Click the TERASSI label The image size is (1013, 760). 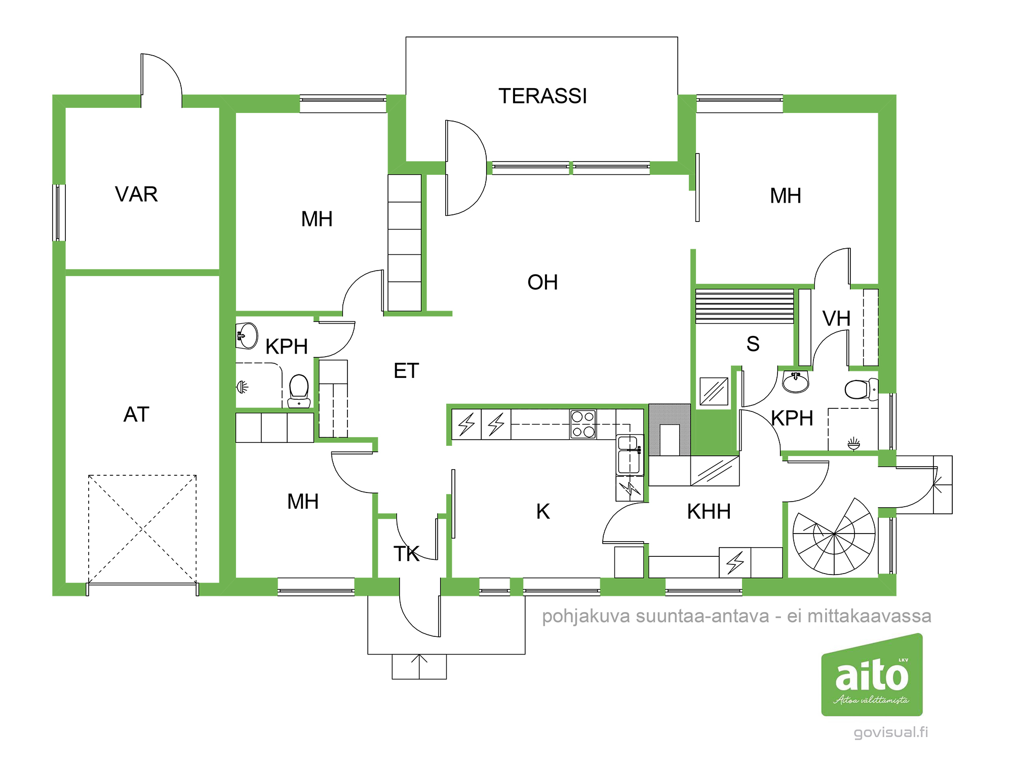pyautogui.click(x=542, y=96)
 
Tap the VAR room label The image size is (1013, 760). pyautogui.click(x=136, y=194)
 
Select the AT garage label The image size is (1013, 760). pyautogui.click(x=136, y=414)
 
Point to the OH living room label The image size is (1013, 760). pyautogui.click(x=542, y=282)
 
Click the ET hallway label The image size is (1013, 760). pyautogui.click(x=406, y=371)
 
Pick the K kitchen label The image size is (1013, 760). pyautogui.click(x=543, y=511)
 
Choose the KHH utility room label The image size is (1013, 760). pyautogui.click(x=709, y=512)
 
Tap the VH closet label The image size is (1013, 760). pyautogui.click(x=836, y=319)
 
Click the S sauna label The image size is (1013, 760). pyautogui.click(x=753, y=344)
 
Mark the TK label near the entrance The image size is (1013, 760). pyautogui.click(x=407, y=554)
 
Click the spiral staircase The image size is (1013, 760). pyautogui.click(x=834, y=536)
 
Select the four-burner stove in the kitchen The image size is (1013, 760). pyautogui.click(x=583, y=424)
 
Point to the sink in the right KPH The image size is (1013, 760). pyautogui.click(x=796, y=382)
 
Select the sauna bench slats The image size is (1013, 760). pyautogui.click(x=745, y=306)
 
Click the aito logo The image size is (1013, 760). pyautogui.click(x=872, y=675)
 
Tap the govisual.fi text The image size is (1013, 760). pyautogui.click(x=891, y=733)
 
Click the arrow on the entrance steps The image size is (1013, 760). pyautogui.click(x=419, y=667)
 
